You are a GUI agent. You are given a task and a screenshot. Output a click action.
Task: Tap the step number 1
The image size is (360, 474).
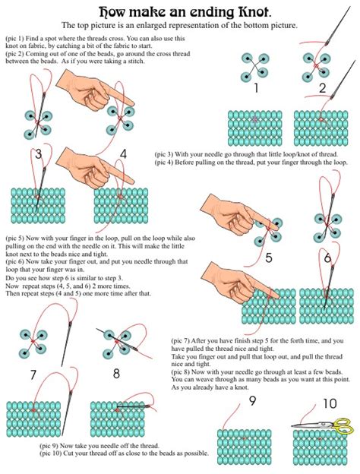tap(256, 88)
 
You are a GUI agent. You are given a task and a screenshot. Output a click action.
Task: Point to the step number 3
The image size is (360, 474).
tap(37, 154)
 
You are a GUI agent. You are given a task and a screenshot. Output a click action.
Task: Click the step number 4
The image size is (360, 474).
tap(122, 154)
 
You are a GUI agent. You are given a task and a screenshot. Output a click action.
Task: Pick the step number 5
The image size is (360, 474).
tap(268, 258)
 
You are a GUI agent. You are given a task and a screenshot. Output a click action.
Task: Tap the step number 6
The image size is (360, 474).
tap(327, 258)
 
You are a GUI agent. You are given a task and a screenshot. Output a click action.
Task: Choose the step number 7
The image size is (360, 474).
tap(33, 374)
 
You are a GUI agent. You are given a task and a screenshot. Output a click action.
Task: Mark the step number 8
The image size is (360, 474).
tap(116, 373)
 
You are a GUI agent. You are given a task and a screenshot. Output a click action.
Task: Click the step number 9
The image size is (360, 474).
tap(251, 401)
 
